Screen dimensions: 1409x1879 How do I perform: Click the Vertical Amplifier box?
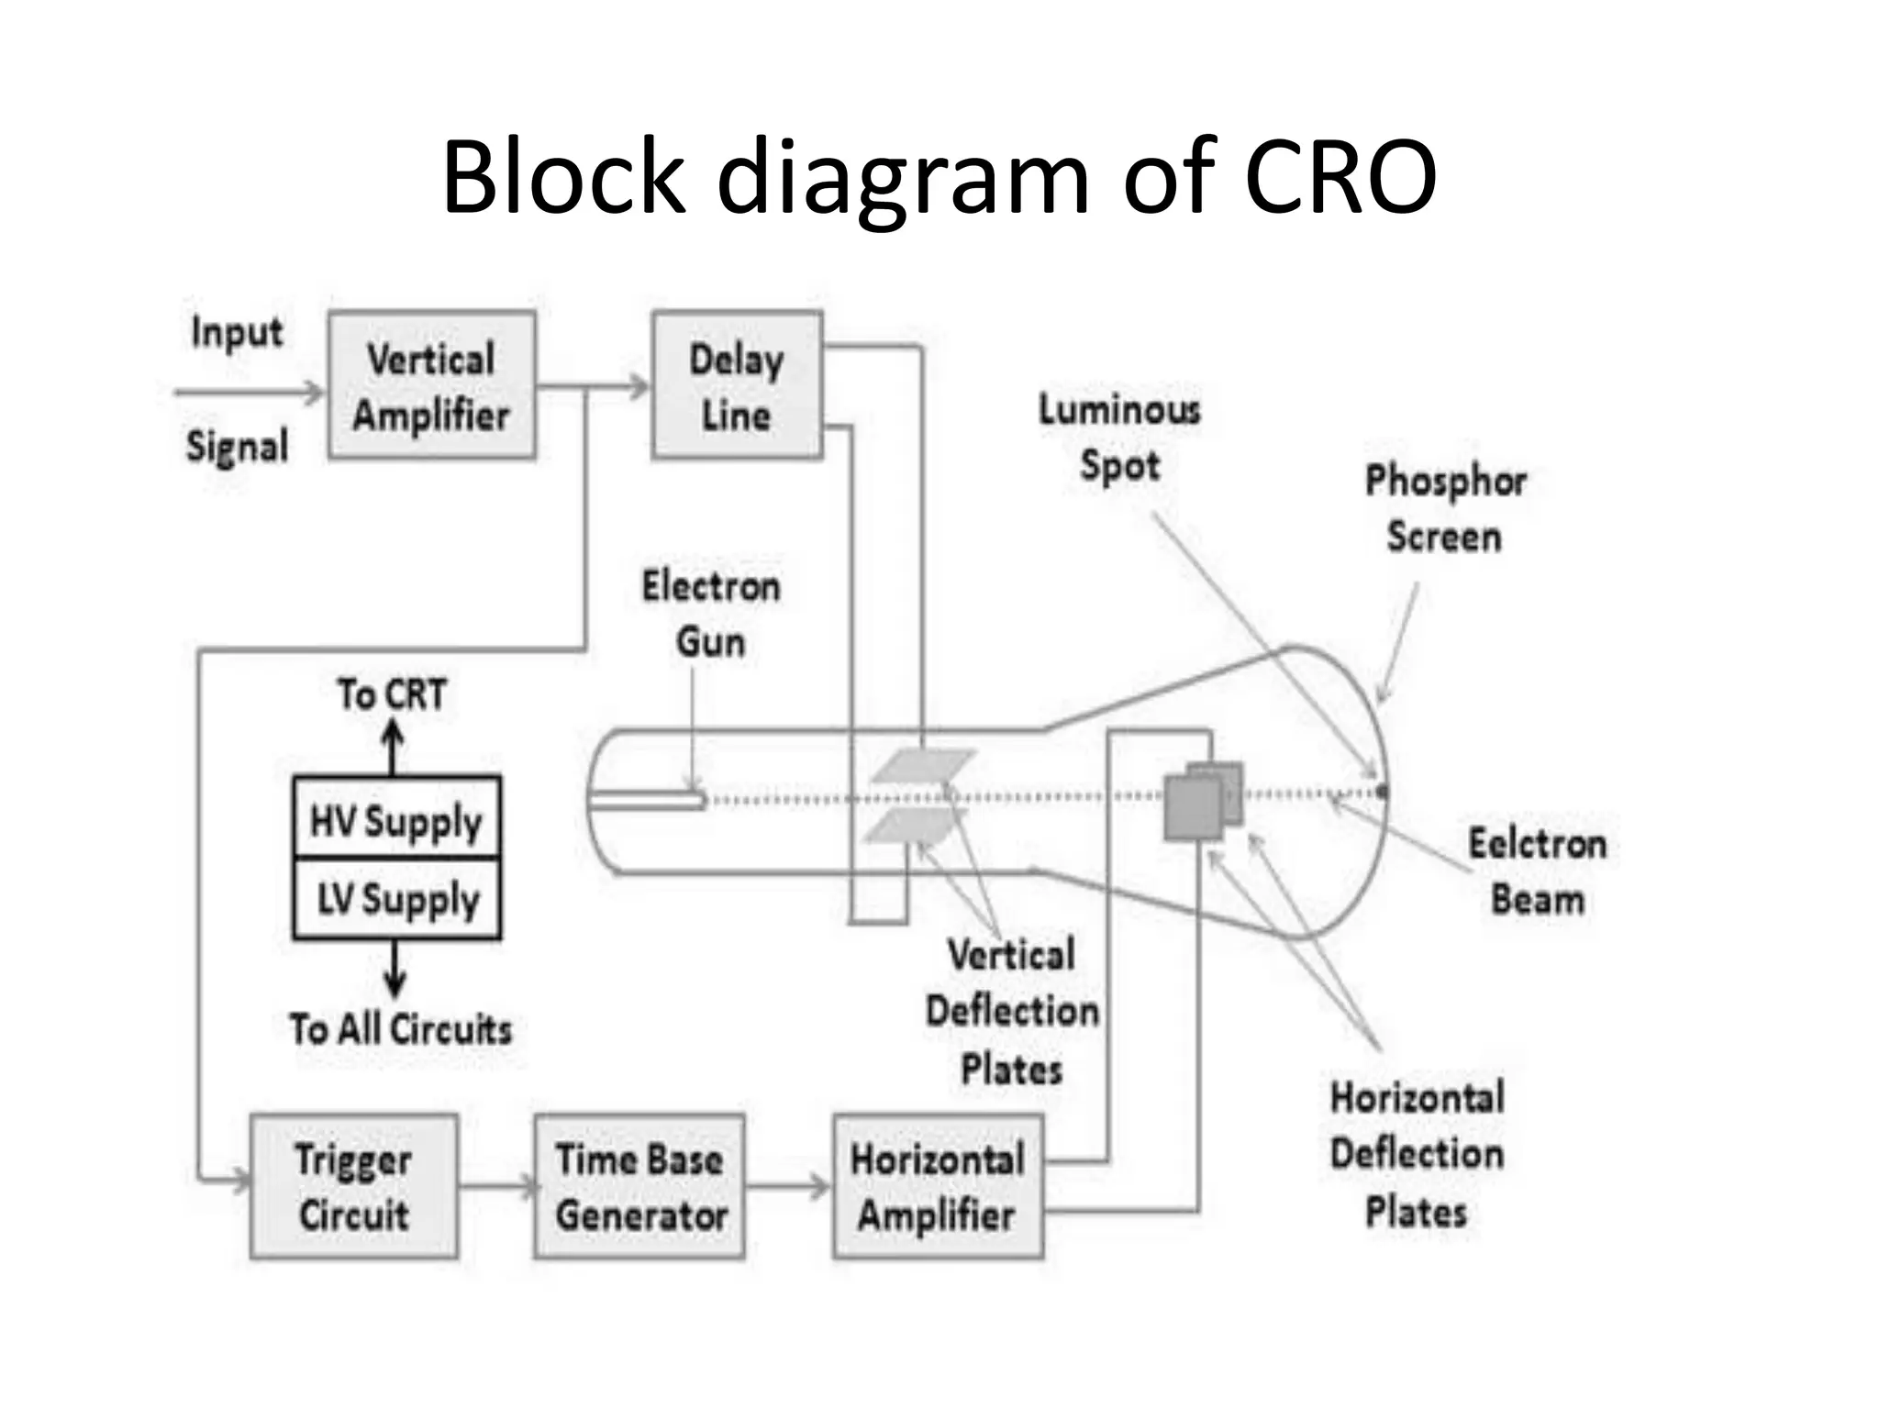coord(431,385)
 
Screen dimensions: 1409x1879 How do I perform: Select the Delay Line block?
coord(737,385)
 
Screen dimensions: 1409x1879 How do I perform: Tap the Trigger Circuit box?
coord(354,1186)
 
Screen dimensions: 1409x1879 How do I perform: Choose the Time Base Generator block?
coord(639,1186)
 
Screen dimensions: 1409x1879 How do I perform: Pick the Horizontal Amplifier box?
coord(938,1186)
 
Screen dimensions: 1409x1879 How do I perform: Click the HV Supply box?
coord(396,818)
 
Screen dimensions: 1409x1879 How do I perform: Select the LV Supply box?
coord(396,899)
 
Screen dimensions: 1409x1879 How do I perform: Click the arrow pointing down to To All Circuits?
coord(395,971)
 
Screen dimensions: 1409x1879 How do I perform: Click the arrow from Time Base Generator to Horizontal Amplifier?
coord(788,1186)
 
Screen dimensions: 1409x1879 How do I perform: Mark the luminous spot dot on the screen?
coord(1382,791)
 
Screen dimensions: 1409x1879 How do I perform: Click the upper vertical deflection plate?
coord(922,766)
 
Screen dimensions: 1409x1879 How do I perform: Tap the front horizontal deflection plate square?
coord(1193,807)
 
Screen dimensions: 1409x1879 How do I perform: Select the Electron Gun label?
coord(711,613)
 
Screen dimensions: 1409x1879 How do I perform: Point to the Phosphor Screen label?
coord(1445,508)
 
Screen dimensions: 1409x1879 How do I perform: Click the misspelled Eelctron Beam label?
coord(1537,871)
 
